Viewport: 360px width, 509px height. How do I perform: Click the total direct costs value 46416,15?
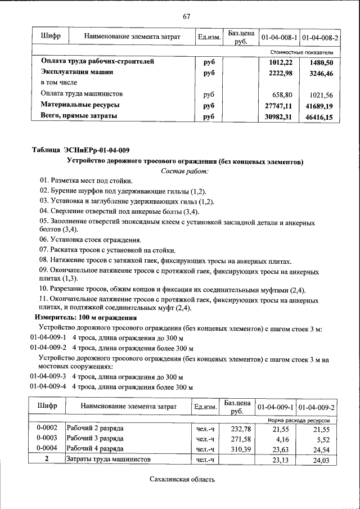click(318, 117)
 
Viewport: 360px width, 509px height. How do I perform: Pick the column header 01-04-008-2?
click(320, 38)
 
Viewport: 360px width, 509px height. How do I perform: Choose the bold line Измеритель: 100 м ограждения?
click(83, 318)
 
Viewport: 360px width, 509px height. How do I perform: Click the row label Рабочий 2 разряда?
click(95, 429)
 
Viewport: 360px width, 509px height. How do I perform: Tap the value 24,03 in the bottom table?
click(323, 460)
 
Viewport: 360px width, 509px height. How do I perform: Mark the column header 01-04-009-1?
click(276, 407)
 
